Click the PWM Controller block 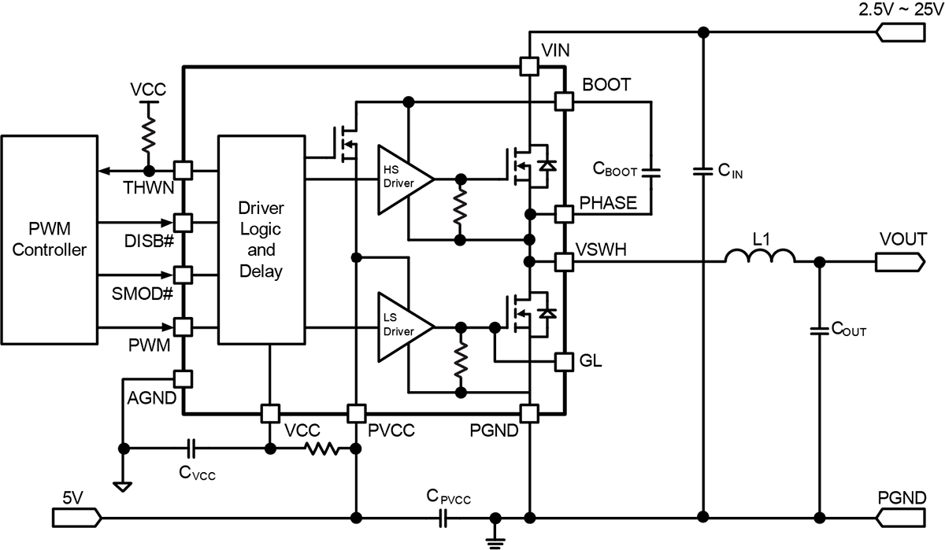(50, 240)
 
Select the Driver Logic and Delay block (261, 240)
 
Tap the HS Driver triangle (405, 180)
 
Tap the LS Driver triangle (405, 327)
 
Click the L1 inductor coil (760, 256)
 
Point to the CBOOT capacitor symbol (651, 172)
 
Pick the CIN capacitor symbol (702, 171)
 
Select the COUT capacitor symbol (819, 330)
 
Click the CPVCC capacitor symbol (443, 518)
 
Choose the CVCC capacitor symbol (191, 448)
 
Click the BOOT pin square (564, 102)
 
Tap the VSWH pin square (564, 262)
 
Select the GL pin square (564, 362)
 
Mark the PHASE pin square (564, 214)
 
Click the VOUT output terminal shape (900, 262)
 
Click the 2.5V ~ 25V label (901, 9)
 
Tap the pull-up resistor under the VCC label (149, 135)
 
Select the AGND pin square (183, 379)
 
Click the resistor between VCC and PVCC (322, 448)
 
